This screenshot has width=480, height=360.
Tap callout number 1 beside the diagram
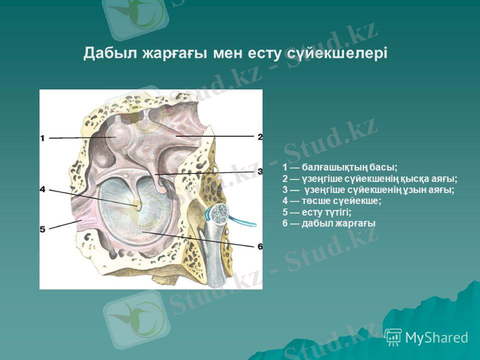[43, 138]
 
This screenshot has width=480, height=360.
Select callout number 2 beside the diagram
[260, 137]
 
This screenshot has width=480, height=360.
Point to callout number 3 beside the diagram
[260, 172]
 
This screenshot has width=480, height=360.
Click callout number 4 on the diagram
[43, 190]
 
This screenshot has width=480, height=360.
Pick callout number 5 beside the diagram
[43, 229]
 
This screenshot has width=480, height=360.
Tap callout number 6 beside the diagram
[260, 246]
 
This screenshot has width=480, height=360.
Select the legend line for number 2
[370, 178]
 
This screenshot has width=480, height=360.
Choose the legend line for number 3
[368, 190]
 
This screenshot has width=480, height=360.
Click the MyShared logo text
[436, 338]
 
